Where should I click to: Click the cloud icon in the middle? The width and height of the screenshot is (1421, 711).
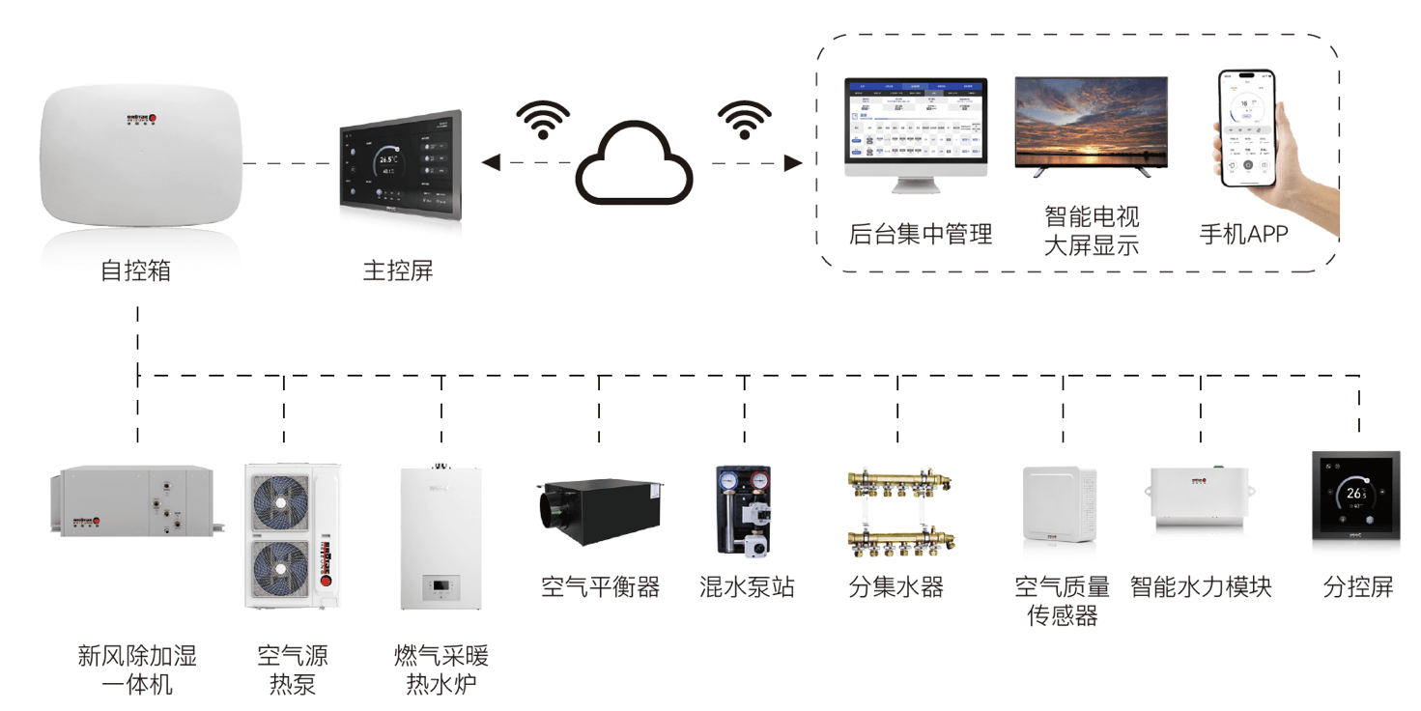coord(635,164)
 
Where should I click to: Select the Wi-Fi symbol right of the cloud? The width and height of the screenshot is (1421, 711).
coord(745,118)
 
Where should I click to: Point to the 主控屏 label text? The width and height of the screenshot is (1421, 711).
coord(398,270)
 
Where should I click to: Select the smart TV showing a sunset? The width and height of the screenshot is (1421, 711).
coord(1091,125)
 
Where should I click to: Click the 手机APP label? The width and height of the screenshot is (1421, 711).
coord(1243,234)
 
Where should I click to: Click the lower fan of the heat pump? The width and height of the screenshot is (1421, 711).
coord(280,570)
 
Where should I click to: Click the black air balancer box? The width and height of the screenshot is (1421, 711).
coord(600,508)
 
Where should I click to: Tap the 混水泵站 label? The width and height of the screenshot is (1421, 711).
coord(747,586)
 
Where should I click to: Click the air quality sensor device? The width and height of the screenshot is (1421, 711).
coord(1060,508)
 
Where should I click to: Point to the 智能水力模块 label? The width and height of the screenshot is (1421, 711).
coord(1201,586)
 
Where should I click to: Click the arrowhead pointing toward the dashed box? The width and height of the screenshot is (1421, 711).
coord(793,163)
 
